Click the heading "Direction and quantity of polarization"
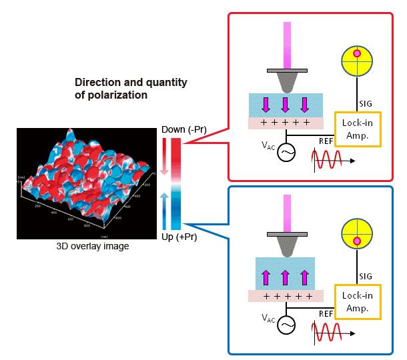pos(131,89)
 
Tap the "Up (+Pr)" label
pos(180,237)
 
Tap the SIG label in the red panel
pos(366,103)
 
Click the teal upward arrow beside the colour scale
pos(164,200)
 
